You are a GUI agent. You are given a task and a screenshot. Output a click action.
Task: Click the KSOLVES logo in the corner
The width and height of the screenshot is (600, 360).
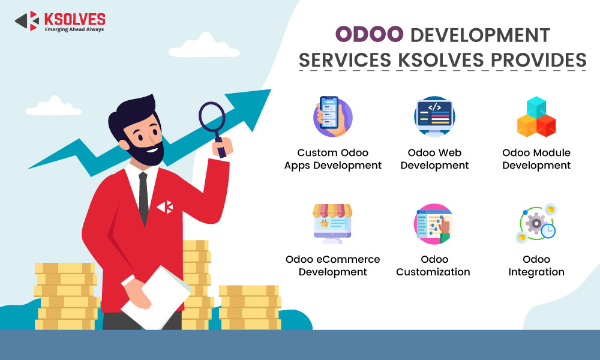tap(59, 22)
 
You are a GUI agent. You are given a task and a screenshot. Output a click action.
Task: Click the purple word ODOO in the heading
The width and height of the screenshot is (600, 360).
tap(369, 34)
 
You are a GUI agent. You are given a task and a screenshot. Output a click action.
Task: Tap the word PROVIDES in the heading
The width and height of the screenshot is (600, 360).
tap(538, 60)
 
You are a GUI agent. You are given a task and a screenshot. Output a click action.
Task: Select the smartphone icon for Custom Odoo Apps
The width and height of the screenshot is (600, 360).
tap(332, 116)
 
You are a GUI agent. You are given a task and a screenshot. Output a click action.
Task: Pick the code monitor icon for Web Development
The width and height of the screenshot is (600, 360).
tap(434, 116)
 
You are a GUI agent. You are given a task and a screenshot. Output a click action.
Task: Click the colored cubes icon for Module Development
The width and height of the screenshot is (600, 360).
tap(536, 116)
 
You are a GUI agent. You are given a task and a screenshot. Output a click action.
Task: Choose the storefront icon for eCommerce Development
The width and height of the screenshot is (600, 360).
tap(332, 223)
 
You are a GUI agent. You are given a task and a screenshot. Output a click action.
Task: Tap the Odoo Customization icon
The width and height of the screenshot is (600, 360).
tap(434, 224)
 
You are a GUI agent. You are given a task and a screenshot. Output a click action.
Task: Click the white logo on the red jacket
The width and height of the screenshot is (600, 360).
tap(165, 207)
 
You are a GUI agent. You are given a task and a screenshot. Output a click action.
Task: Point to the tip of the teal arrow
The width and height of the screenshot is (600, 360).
tap(271, 90)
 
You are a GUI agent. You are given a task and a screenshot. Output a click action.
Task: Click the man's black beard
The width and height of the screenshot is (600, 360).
tap(145, 151)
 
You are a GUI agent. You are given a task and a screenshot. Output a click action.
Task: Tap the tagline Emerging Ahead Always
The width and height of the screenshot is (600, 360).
tap(74, 29)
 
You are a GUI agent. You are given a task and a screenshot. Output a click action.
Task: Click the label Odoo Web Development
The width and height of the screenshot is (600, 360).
tap(434, 159)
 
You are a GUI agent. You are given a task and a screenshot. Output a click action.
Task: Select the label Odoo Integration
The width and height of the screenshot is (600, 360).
tap(536, 266)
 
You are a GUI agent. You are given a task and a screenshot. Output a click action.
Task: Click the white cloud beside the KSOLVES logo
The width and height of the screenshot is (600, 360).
tap(205, 46)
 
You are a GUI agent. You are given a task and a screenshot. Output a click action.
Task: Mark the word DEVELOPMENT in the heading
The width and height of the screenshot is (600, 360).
tap(480, 35)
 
